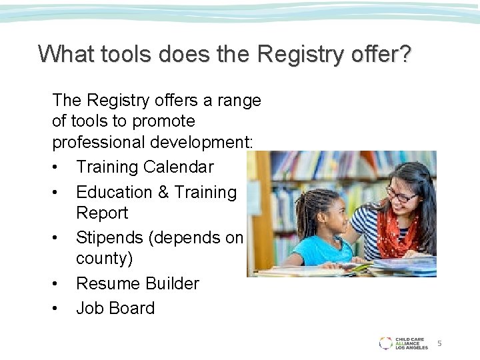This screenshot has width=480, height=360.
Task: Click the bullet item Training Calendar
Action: coord(145,167)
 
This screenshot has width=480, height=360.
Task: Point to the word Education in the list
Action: coord(114,192)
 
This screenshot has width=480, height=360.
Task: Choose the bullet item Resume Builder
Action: coord(137,283)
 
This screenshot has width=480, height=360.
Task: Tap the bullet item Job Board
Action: coord(115,308)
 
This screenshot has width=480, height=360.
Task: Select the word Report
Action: coord(102,213)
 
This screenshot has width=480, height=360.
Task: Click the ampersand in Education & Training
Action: coord(163,192)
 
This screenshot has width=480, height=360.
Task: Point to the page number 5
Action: coord(439,343)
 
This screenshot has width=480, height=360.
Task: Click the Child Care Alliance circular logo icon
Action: coord(385,343)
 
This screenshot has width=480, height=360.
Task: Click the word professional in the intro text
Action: coord(95,142)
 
